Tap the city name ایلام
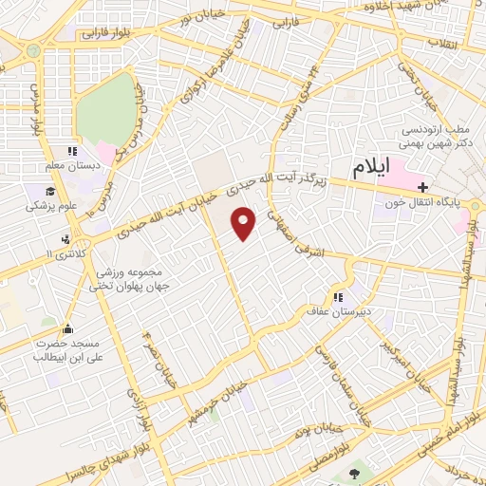[x=372, y=169]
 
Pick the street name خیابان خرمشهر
[x=216, y=401]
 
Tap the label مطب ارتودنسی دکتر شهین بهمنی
[x=438, y=135]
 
